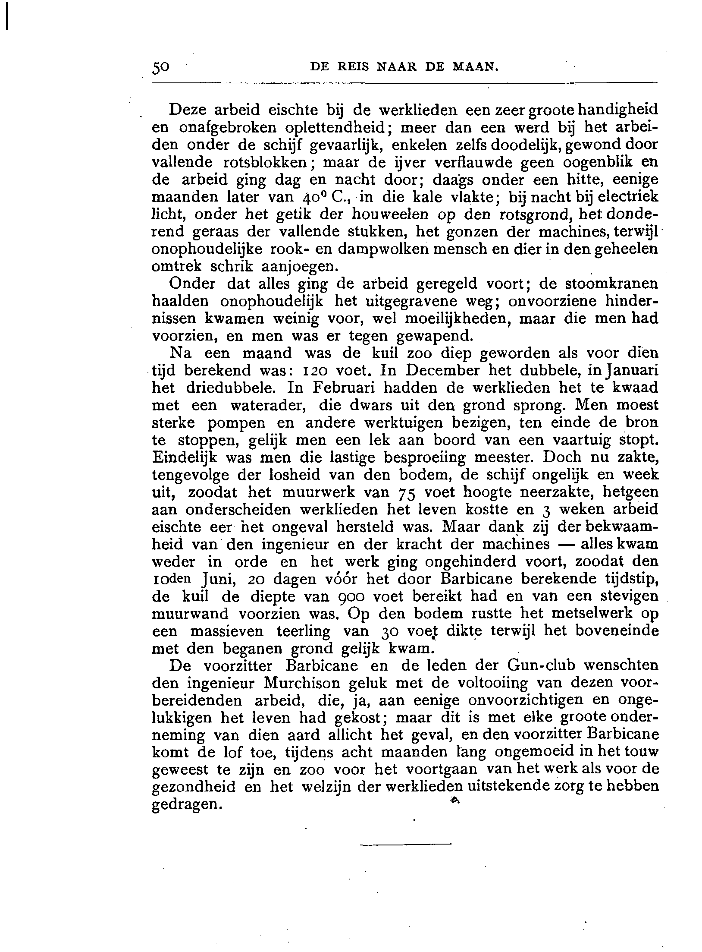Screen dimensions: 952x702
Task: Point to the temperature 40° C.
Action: point(326,197)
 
